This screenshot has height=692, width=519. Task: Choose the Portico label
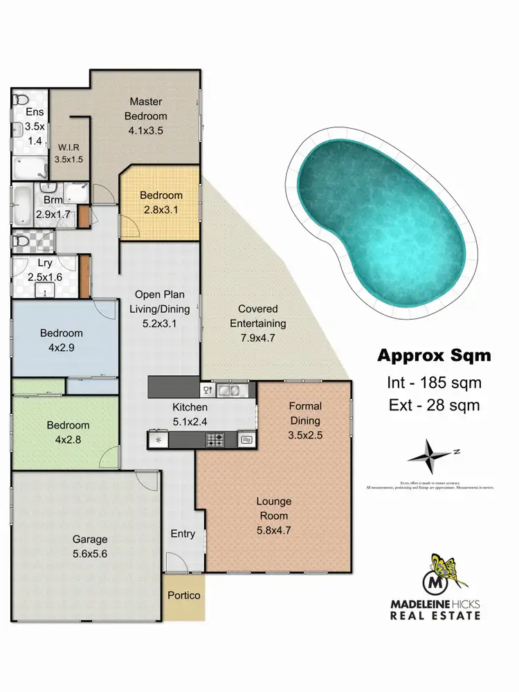click(184, 595)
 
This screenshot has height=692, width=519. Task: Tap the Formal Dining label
click(304, 413)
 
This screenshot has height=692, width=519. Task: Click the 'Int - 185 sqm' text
click(433, 382)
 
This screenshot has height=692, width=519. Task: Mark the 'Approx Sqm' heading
click(433, 356)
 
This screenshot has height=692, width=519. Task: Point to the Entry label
click(183, 534)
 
